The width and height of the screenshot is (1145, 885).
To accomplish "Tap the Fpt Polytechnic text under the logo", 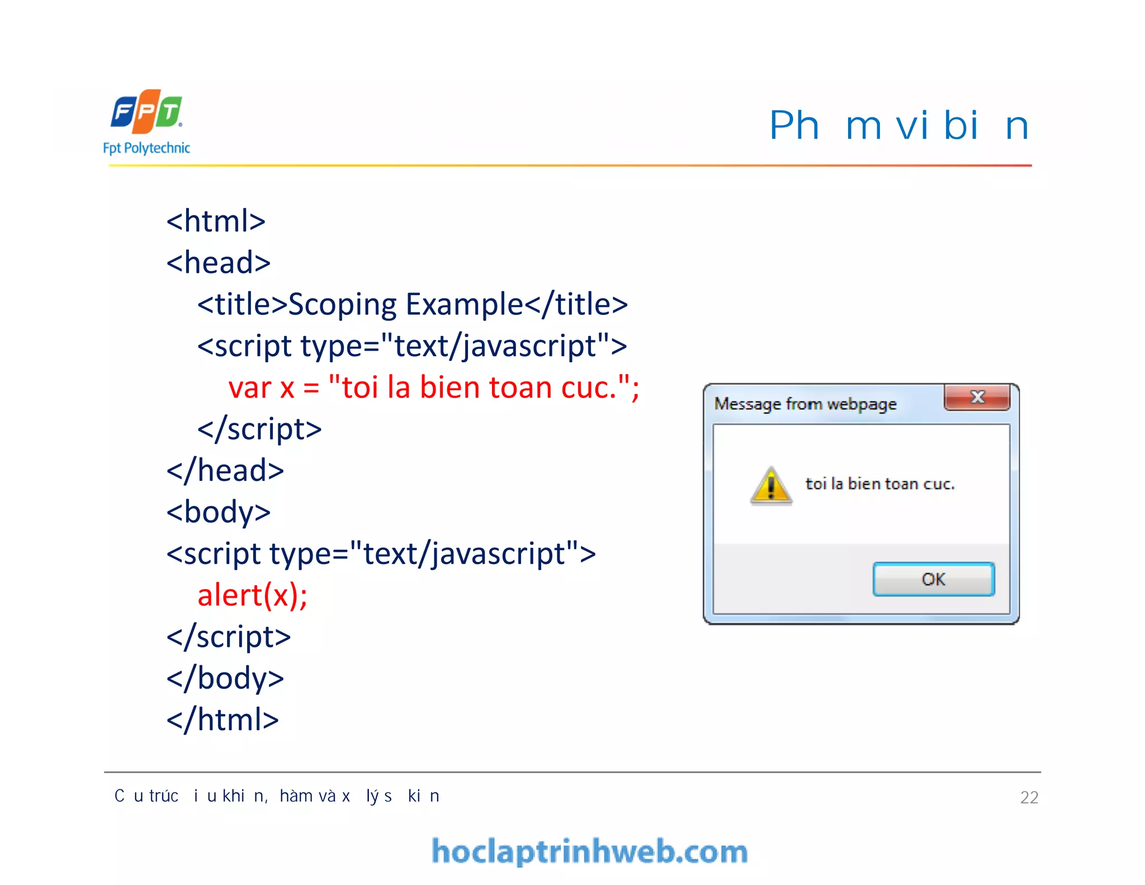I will click(x=146, y=148).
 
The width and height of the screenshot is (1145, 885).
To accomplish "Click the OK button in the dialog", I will click(x=933, y=579).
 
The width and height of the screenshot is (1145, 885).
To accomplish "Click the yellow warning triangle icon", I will click(x=771, y=485).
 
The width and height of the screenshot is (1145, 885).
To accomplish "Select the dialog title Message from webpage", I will click(x=805, y=404).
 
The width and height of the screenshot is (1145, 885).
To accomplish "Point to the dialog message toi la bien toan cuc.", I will click(x=879, y=484).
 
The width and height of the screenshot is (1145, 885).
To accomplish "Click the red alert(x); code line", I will click(x=252, y=595).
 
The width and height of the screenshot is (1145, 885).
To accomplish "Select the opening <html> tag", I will click(x=216, y=221).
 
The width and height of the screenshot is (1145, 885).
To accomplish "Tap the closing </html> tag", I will click(x=223, y=720).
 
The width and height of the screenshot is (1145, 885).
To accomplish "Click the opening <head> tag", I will click(x=219, y=262).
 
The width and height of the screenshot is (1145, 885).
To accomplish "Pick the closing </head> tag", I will click(x=225, y=470).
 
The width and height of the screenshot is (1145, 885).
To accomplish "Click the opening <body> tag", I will click(x=219, y=512).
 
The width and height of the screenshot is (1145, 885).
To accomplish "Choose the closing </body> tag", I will click(x=225, y=678).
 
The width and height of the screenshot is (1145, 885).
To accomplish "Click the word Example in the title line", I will click(x=464, y=305).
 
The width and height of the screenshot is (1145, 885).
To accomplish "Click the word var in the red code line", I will click(x=249, y=387).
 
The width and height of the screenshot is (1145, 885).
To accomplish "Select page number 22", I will click(x=1029, y=797).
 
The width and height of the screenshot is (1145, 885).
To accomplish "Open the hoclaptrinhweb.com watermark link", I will click(x=589, y=851).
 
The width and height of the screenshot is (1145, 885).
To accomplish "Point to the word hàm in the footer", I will click(x=296, y=796).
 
